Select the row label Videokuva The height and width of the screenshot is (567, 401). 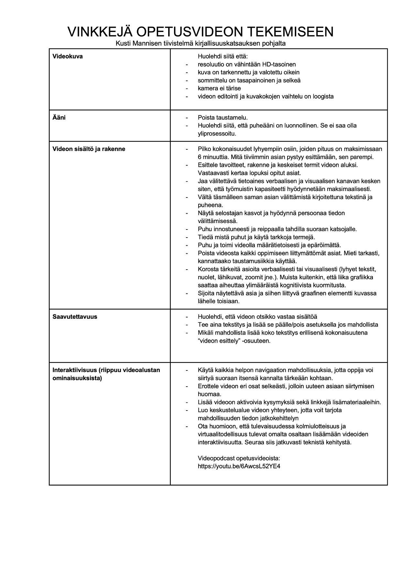coord(68,56)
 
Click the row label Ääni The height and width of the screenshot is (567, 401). coord(59,117)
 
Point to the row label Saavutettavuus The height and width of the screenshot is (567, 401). coord(75,316)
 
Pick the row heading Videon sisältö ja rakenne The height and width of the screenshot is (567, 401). coord(89,149)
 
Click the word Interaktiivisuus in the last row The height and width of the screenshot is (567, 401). coord(75,370)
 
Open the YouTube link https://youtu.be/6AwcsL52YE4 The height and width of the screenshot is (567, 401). coord(239,466)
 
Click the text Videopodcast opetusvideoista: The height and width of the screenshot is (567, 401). coord(239,458)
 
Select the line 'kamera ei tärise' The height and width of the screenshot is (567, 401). coord(219,88)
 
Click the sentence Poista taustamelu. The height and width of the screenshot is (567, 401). coord(223,117)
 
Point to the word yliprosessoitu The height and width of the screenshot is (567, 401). coord(217,133)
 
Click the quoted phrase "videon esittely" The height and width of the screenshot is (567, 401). coord(219,341)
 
